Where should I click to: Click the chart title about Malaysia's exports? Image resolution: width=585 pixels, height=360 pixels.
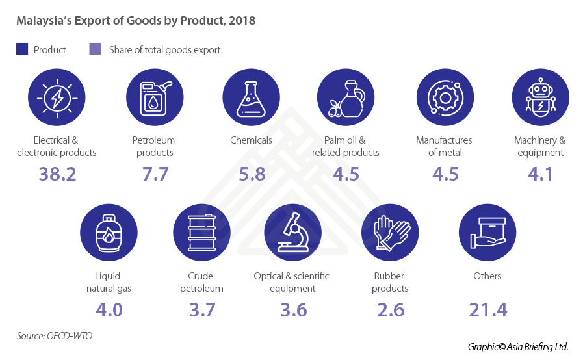136,21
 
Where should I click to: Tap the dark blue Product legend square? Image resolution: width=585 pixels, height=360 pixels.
22,49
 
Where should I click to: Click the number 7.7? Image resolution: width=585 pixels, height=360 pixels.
155,174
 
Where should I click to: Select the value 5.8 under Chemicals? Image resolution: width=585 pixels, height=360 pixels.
251,174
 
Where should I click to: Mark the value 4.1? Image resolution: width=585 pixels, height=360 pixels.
540,174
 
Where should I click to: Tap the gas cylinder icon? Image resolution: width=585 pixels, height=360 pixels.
108,233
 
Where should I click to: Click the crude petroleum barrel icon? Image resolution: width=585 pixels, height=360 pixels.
201,233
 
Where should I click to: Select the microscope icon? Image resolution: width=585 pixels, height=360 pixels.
292,233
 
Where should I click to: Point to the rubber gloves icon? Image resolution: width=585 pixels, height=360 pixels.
390,233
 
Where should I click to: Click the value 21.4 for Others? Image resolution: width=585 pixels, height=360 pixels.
487,309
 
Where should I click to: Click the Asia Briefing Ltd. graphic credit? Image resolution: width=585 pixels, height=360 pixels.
518,347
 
